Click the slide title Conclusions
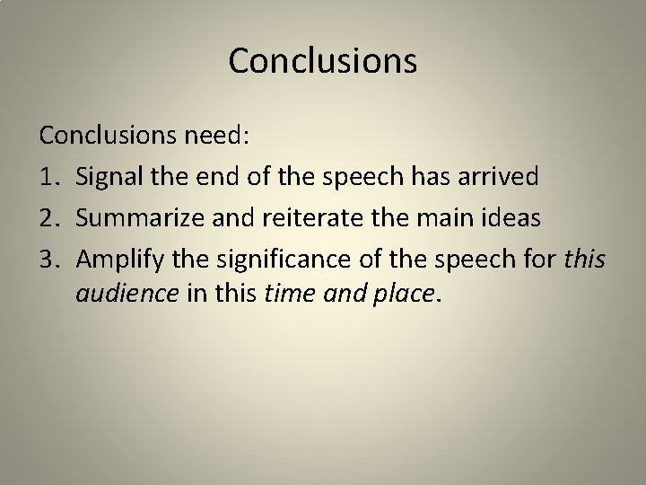[323, 61]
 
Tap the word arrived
[502, 177]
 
